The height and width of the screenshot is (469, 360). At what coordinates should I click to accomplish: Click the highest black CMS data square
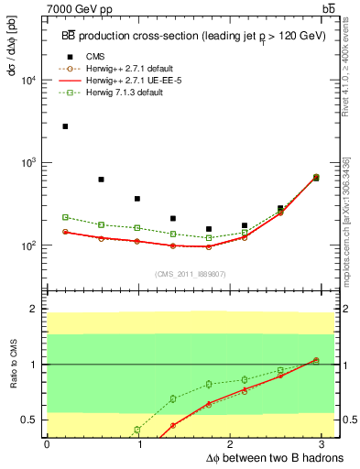tap(65, 126)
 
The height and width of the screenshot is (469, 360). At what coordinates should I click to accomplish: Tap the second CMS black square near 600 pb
tap(101, 180)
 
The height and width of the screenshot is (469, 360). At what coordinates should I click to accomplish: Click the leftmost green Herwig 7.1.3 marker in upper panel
tap(65, 217)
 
